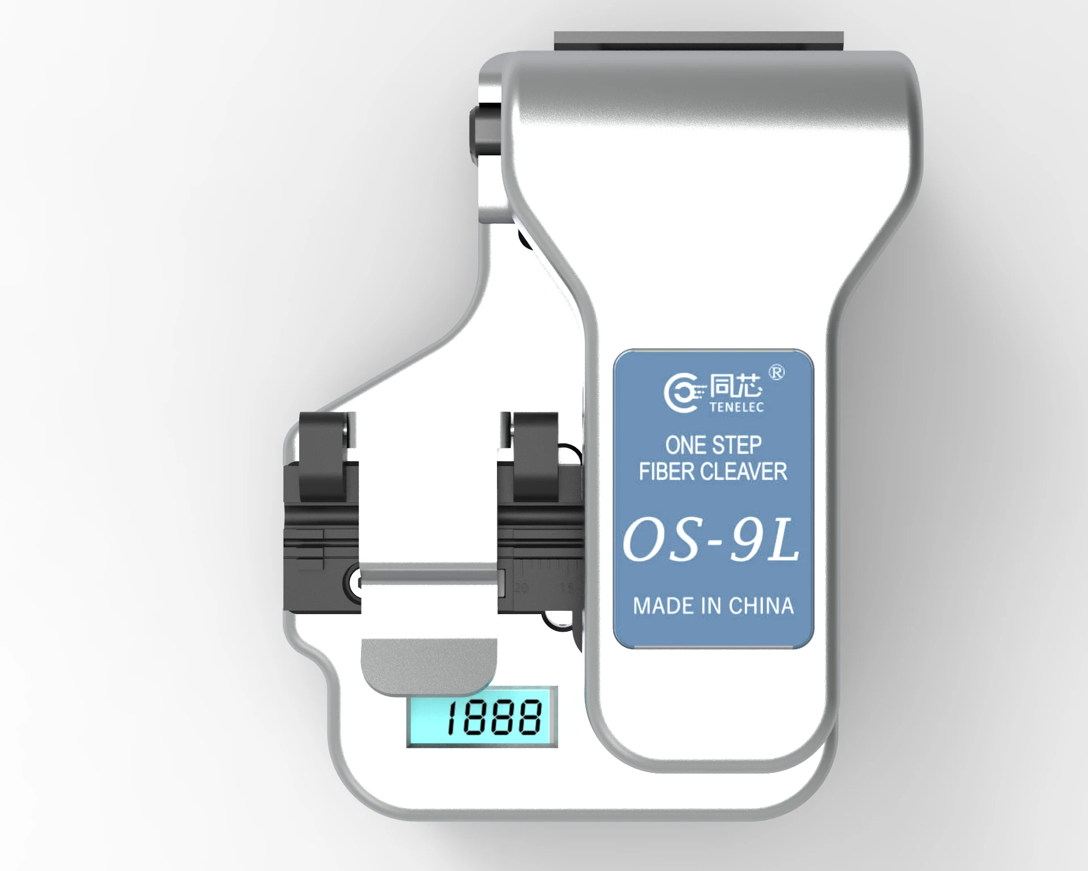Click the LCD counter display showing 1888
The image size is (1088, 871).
click(482, 716)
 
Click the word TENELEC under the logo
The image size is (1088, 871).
click(736, 407)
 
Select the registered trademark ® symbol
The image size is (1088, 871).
click(776, 373)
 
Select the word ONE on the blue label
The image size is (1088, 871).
click(685, 445)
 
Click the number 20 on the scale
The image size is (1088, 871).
click(521, 587)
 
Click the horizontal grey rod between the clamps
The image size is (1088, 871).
click(431, 578)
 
